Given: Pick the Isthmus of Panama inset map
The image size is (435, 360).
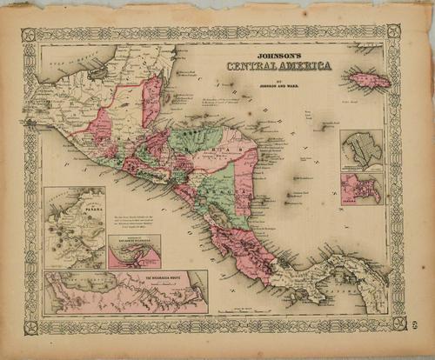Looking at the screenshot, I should point(74,226).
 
